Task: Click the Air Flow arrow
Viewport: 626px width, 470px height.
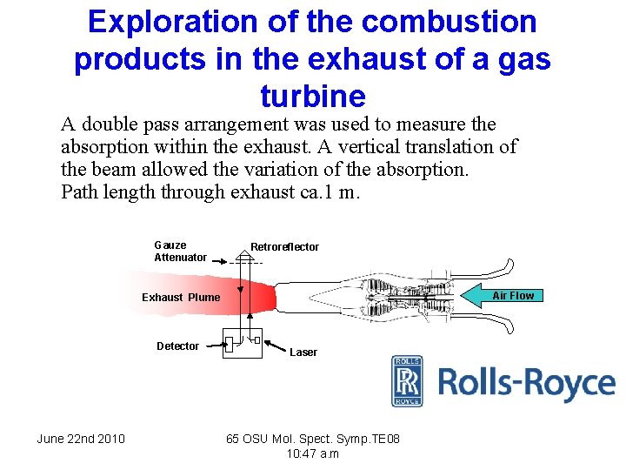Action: click(x=505, y=296)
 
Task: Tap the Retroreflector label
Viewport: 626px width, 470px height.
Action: click(x=284, y=247)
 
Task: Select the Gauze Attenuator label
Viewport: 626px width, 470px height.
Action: click(x=180, y=251)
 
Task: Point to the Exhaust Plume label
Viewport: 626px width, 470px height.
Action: click(x=181, y=298)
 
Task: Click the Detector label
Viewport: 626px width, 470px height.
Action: click(x=177, y=346)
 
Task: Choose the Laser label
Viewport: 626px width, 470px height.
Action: click(x=303, y=352)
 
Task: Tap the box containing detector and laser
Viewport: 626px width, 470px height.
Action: click(x=242, y=342)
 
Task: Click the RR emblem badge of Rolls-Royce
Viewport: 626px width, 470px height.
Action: click(x=407, y=381)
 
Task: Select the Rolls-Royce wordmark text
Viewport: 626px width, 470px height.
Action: click(x=526, y=384)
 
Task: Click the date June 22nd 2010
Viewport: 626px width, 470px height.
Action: click(x=81, y=439)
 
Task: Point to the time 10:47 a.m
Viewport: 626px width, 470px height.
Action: click(x=312, y=453)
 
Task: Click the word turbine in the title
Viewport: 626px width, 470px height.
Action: click(x=312, y=95)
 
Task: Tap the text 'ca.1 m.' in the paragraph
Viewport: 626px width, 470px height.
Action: click(x=326, y=191)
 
